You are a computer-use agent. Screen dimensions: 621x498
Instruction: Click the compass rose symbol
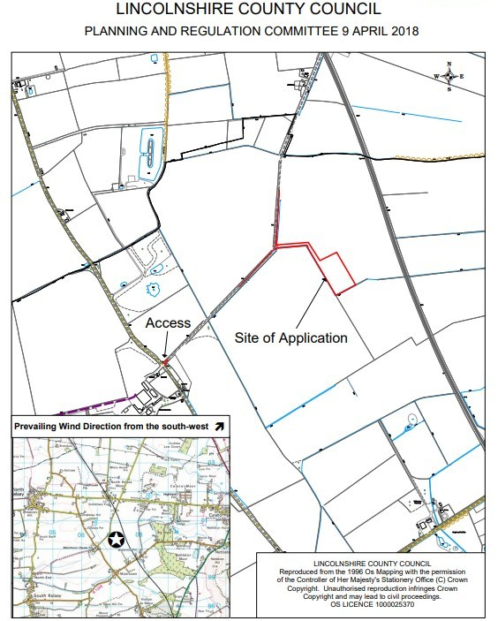pyautogui.click(x=449, y=77)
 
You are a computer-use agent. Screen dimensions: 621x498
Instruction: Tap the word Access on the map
pyautogui.click(x=169, y=322)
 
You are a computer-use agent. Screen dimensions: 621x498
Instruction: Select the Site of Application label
pyautogui.click(x=291, y=337)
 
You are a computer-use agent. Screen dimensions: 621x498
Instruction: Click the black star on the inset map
pyautogui.click(x=115, y=538)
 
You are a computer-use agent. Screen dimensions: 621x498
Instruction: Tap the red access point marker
pyautogui.click(x=165, y=360)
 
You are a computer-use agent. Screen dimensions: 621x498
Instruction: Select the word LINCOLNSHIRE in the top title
pyautogui.click(x=175, y=10)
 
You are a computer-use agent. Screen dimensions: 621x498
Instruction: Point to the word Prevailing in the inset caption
pyautogui.click(x=41, y=427)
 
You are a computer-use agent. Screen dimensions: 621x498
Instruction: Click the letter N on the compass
pyautogui.click(x=449, y=64)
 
